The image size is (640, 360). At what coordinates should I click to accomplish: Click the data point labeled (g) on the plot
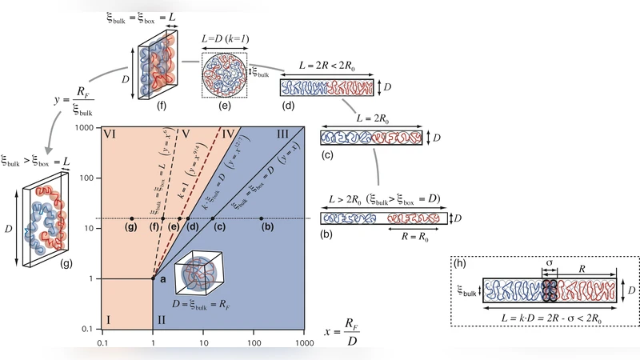(131, 218)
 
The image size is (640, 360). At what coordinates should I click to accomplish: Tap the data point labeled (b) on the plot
(262, 218)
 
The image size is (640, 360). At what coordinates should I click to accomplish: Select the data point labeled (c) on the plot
(212, 218)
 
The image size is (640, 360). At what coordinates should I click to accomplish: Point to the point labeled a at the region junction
(153, 278)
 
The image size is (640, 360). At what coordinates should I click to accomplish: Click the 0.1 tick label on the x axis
(102, 343)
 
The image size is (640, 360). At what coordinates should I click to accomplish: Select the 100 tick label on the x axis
(254, 343)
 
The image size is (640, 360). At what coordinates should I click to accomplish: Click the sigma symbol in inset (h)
(549, 262)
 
